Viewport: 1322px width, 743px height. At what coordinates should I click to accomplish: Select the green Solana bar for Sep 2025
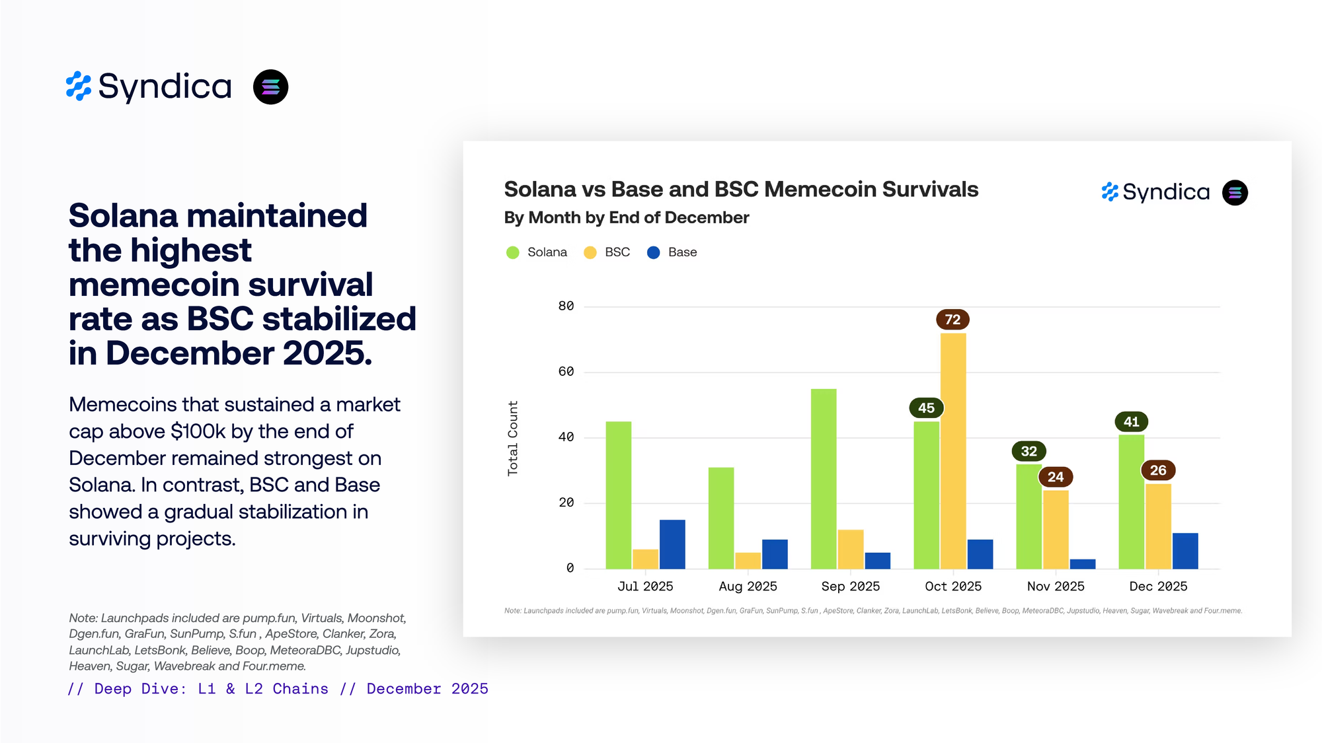pyautogui.click(x=824, y=479)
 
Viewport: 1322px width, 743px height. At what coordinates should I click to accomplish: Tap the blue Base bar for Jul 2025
pyautogui.click(x=672, y=544)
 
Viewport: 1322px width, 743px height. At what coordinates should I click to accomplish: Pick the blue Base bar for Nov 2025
pyautogui.click(x=1083, y=564)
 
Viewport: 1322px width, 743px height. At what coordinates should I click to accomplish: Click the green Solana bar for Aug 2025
pyautogui.click(x=721, y=518)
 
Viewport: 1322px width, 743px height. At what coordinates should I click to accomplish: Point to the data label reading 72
pyautogui.click(x=953, y=320)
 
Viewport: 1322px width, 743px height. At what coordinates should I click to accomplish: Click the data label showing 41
pyautogui.click(x=1132, y=421)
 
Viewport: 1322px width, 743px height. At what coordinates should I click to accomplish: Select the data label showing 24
pyautogui.click(x=1056, y=477)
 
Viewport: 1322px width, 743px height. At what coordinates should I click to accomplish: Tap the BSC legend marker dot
pyautogui.click(x=590, y=252)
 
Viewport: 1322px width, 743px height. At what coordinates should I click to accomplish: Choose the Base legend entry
pyautogui.click(x=672, y=252)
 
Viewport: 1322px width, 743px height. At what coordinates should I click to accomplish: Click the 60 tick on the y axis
pyautogui.click(x=566, y=372)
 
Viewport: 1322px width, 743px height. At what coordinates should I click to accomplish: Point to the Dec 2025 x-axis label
pyautogui.click(x=1158, y=586)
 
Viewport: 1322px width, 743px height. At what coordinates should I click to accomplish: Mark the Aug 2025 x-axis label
pyautogui.click(x=748, y=586)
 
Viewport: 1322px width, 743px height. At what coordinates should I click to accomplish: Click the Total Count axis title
pyautogui.click(x=513, y=438)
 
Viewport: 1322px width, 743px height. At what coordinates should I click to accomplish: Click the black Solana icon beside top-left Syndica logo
pyautogui.click(x=271, y=87)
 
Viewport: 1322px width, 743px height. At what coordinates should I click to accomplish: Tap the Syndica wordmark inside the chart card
pyautogui.click(x=1165, y=192)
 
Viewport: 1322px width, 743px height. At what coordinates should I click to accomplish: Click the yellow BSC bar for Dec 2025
pyautogui.click(x=1158, y=526)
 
